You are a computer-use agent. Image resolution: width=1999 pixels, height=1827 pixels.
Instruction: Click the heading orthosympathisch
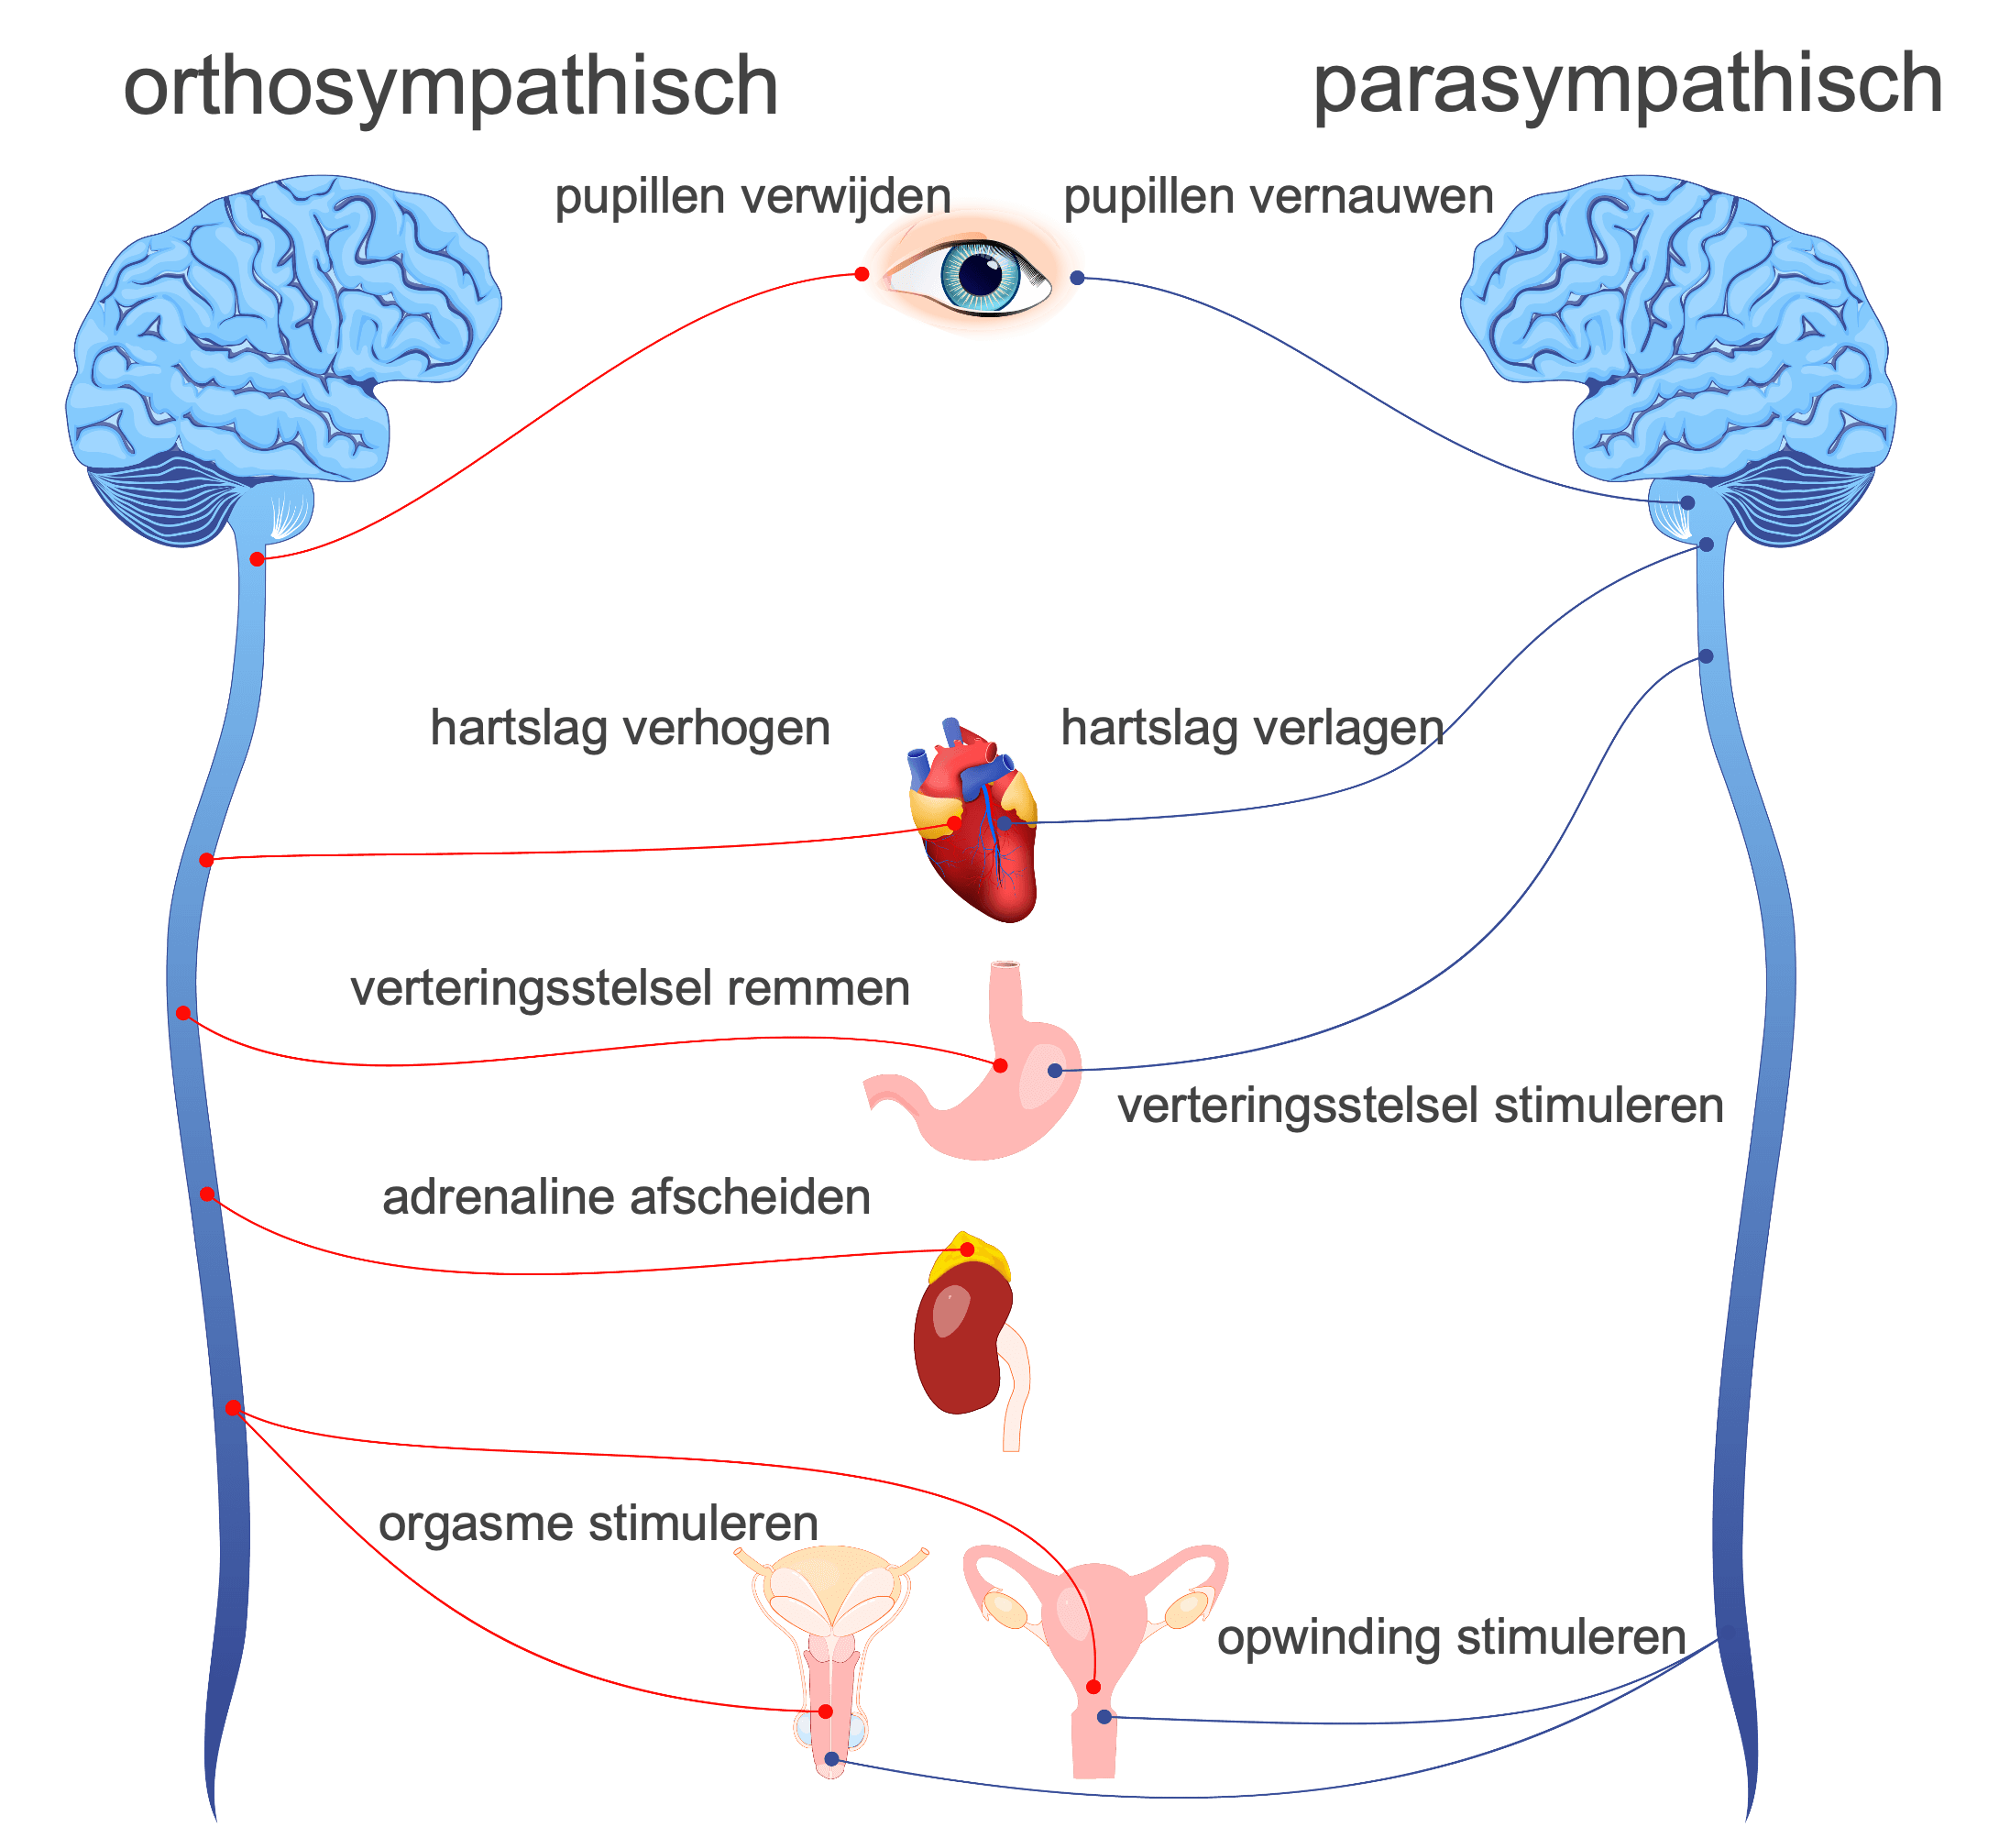pos(450,87)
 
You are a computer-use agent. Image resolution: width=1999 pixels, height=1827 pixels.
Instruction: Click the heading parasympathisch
pos(1627,85)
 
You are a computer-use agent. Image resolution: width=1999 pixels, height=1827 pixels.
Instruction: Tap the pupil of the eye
pos(982,275)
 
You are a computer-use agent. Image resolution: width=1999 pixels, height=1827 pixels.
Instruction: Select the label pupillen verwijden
pos(752,196)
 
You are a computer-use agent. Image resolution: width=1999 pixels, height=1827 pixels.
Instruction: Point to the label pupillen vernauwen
pos(1278,196)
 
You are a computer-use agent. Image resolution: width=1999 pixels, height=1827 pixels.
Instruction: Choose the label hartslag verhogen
pos(630,728)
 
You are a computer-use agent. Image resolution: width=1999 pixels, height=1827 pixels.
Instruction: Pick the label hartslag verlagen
pos(1252,728)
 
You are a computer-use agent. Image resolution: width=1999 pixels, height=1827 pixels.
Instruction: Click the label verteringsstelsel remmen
pos(630,989)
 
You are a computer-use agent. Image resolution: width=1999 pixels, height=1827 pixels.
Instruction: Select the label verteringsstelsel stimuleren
pos(1420,1106)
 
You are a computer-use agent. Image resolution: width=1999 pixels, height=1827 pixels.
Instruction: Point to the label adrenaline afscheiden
pos(626,1197)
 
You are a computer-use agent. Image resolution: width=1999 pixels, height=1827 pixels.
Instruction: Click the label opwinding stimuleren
pos(1451,1637)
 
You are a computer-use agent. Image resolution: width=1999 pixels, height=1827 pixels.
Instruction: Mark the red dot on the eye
pos(862,274)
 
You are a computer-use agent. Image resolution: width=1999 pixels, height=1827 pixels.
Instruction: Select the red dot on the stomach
pos(1001,1065)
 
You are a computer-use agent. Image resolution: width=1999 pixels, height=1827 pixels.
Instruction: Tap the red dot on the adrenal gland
pos(967,1249)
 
